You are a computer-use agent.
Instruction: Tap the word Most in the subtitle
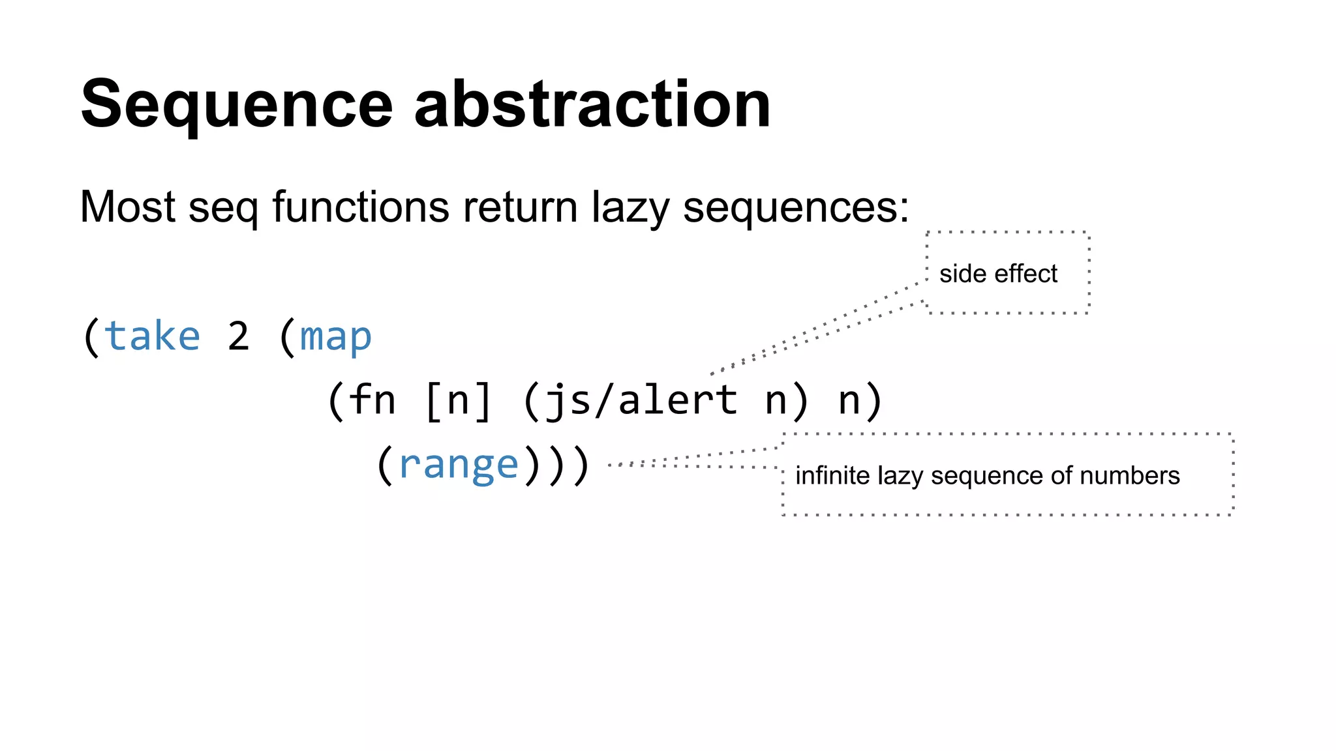point(127,207)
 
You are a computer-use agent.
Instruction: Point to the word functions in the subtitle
point(360,207)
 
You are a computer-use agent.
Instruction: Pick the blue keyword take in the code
point(152,336)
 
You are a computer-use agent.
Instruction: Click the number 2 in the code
point(238,337)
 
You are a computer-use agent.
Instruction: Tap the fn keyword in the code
point(372,400)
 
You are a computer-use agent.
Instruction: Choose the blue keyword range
point(458,464)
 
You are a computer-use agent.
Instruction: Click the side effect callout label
point(997,274)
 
